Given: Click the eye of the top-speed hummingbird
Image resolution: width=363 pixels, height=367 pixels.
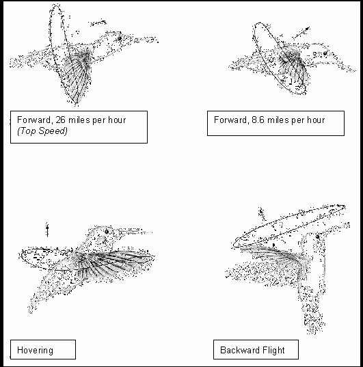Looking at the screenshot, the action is [x=120, y=38].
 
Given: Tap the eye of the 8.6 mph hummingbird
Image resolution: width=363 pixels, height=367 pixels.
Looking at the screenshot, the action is [x=325, y=53].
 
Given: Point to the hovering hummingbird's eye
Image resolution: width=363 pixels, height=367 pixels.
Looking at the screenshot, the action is [x=107, y=232].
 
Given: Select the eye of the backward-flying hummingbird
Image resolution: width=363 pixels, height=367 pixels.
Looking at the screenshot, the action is [x=318, y=236].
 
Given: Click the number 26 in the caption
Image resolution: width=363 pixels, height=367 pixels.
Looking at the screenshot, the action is [x=60, y=120].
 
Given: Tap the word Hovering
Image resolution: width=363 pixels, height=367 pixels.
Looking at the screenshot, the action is [x=35, y=351].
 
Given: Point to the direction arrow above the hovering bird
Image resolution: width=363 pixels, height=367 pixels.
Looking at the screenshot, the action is [x=47, y=230].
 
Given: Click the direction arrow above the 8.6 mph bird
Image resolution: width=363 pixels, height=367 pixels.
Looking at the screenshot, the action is [x=301, y=33].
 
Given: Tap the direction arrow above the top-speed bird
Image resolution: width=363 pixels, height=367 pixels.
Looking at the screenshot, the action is [x=98, y=23].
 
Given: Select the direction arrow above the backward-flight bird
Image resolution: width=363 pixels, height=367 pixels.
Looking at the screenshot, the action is [x=263, y=214].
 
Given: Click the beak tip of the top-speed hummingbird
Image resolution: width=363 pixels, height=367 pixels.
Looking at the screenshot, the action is [x=158, y=42].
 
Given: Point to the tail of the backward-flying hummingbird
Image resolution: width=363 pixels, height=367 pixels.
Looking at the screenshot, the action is [x=314, y=318].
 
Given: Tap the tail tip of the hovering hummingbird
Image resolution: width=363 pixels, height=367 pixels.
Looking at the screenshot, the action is [x=30, y=311].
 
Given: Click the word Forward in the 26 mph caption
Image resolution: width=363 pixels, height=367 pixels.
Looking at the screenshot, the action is [x=33, y=120].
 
